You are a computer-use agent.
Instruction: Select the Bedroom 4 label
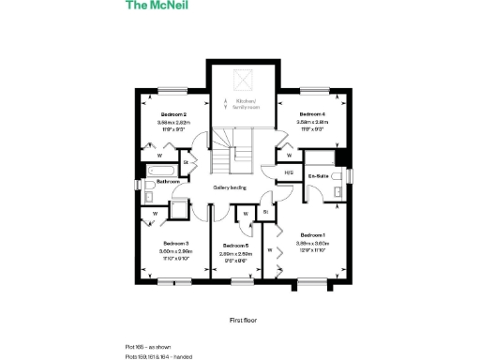point(311,113)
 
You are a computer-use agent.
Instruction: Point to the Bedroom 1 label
point(312,234)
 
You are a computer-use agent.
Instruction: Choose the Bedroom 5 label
point(235,246)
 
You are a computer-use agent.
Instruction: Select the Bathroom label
point(169,181)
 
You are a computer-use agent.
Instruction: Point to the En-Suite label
point(318,174)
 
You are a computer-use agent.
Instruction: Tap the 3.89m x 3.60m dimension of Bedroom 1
point(312,242)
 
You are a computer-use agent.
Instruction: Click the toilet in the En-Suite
point(336,194)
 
